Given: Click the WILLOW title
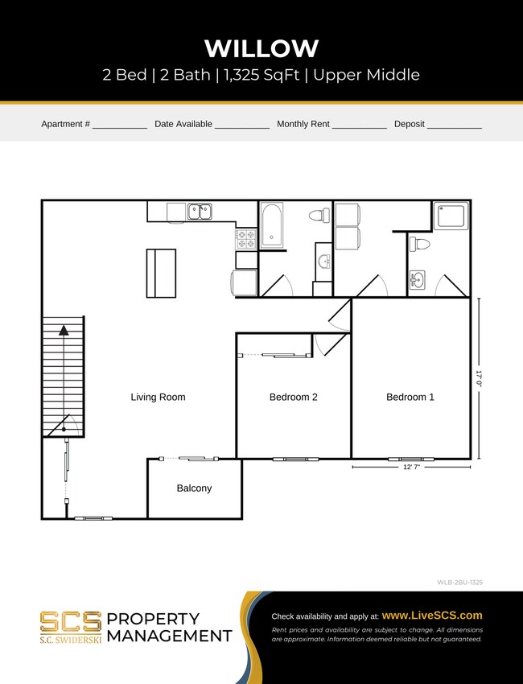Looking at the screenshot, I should pyautogui.click(x=261, y=48).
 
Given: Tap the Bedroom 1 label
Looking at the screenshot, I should pyautogui.click(x=410, y=397).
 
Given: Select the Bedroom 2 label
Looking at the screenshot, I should pyautogui.click(x=293, y=397).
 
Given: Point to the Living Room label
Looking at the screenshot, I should pyautogui.click(x=159, y=397).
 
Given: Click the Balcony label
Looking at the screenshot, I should pyautogui.click(x=194, y=488).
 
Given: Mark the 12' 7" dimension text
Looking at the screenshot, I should pyautogui.click(x=411, y=467).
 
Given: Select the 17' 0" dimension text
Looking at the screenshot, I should pyautogui.click(x=479, y=378).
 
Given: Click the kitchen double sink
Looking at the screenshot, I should pyautogui.click(x=200, y=212).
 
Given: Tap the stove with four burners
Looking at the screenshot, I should pyautogui.click(x=245, y=238).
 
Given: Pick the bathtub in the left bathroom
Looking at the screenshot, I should pyautogui.click(x=272, y=225).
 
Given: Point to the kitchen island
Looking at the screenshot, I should pyautogui.click(x=161, y=273).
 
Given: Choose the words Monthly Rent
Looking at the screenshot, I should pyautogui.click(x=303, y=125).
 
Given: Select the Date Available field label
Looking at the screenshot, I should pyautogui.click(x=183, y=125).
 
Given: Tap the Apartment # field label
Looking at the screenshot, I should pyautogui.click(x=64, y=125).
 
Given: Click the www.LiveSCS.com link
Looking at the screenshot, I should pyautogui.click(x=432, y=616).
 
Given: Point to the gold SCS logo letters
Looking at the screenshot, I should pyautogui.click(x=71, y=621).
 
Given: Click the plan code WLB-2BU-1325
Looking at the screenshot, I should pyautogui.click(x=459, y=580).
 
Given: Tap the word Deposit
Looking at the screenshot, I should pyautogui.click(x=409, y=125).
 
